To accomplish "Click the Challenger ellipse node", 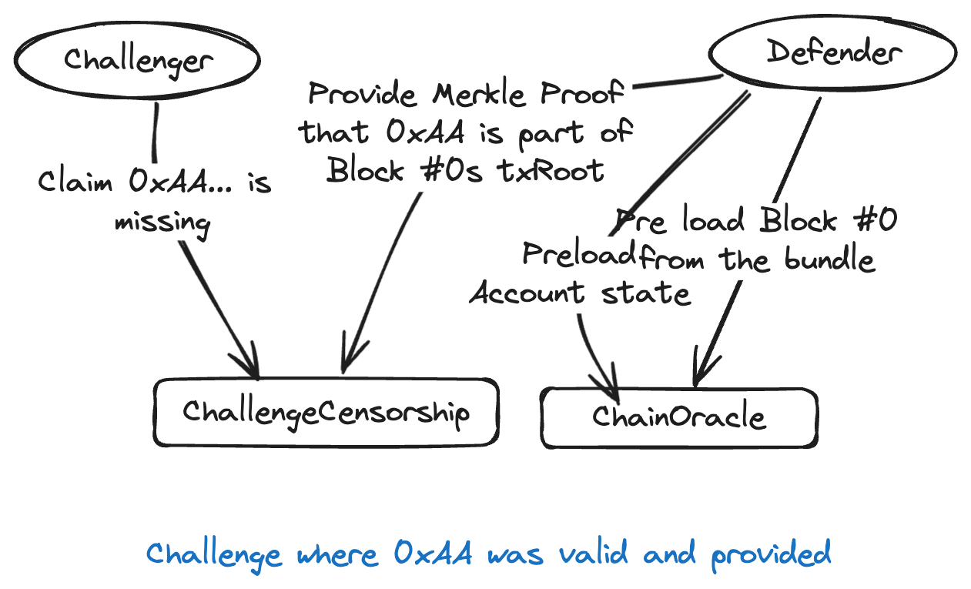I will coord(137,59).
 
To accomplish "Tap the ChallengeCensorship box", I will coord(326,412).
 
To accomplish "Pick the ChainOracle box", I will coord(678,417).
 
